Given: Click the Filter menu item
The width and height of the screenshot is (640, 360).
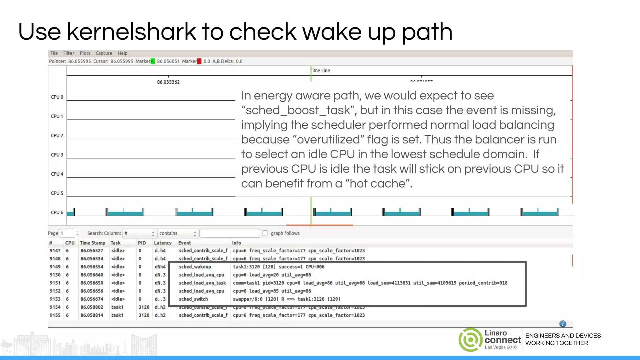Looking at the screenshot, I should point(68,53).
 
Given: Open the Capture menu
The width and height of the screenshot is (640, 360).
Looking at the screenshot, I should point(104,53).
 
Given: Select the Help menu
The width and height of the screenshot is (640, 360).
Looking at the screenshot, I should point(122,53).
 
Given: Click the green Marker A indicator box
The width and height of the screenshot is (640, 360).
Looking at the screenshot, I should point(152,61).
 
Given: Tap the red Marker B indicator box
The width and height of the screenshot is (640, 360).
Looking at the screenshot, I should point(199,61).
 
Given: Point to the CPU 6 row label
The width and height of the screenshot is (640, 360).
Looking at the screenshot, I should point(57,212).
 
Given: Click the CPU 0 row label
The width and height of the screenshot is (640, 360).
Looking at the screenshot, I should point(57,97).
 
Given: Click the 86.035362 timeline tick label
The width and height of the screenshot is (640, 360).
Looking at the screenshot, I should point(168,82).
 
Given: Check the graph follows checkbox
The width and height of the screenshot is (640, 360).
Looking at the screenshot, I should point(265,233).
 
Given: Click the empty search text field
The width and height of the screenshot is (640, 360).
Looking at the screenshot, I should point(230,233).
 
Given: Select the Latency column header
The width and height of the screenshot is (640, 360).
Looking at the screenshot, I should point(162,243).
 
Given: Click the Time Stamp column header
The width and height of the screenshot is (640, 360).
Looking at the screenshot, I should point(92,243).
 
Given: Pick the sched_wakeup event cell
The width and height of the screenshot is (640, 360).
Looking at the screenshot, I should point(195,267).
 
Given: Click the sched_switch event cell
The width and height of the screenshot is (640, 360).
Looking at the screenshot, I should point(193,299).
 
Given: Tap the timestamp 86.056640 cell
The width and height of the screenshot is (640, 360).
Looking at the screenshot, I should point(92,275).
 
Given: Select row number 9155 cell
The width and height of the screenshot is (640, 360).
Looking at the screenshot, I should point(55,315).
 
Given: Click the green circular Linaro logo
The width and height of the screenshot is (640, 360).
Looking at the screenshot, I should point(470,340).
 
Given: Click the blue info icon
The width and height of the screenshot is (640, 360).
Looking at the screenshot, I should point(562,324).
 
